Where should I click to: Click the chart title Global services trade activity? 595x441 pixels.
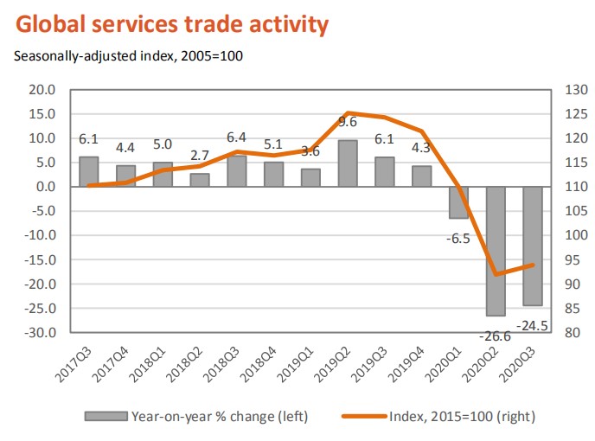171,23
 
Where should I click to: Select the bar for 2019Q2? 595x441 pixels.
348,163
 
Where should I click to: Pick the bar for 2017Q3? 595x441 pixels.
88,171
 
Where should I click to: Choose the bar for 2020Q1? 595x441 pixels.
458,202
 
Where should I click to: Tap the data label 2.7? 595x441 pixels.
199,156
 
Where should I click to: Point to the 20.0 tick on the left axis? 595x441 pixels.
42,90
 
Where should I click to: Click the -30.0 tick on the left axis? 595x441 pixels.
41,333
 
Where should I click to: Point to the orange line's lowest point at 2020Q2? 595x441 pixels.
496,274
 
